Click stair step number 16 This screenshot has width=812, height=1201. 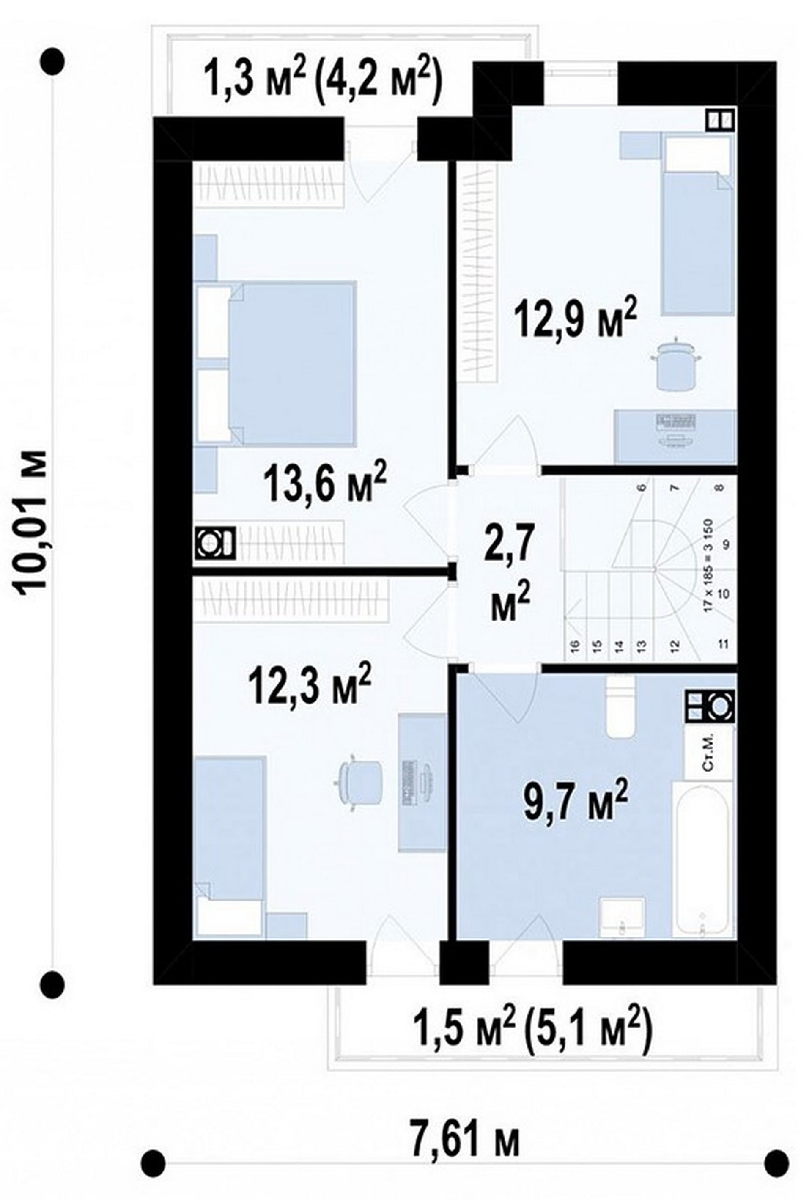575,644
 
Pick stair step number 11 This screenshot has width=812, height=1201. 723,644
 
